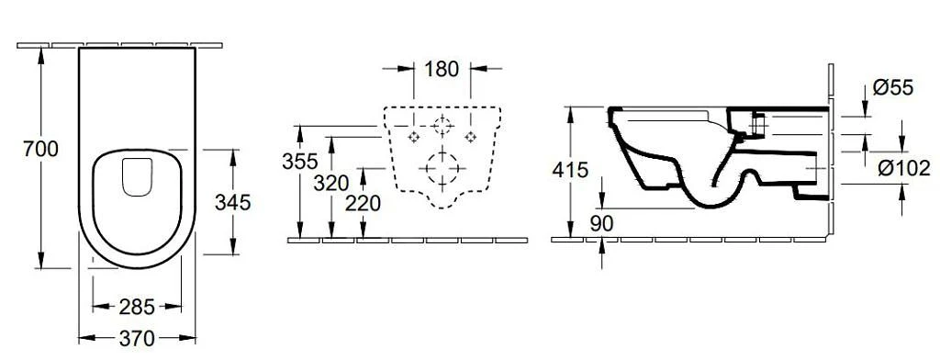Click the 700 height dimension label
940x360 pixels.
click(40, 148)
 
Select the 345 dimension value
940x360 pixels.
click(231, 201)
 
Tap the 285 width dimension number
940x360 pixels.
click(137, 306)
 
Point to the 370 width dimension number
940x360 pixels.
click(137, 338)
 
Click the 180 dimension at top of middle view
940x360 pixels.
click(442, 68)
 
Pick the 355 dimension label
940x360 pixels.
click(300, 161)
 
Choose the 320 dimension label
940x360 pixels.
click(330, 182)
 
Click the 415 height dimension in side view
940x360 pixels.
click(570, 170)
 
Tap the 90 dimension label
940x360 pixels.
click(601, 223)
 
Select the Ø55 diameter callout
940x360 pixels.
click(892, 87)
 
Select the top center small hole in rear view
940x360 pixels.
click(442, 123)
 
